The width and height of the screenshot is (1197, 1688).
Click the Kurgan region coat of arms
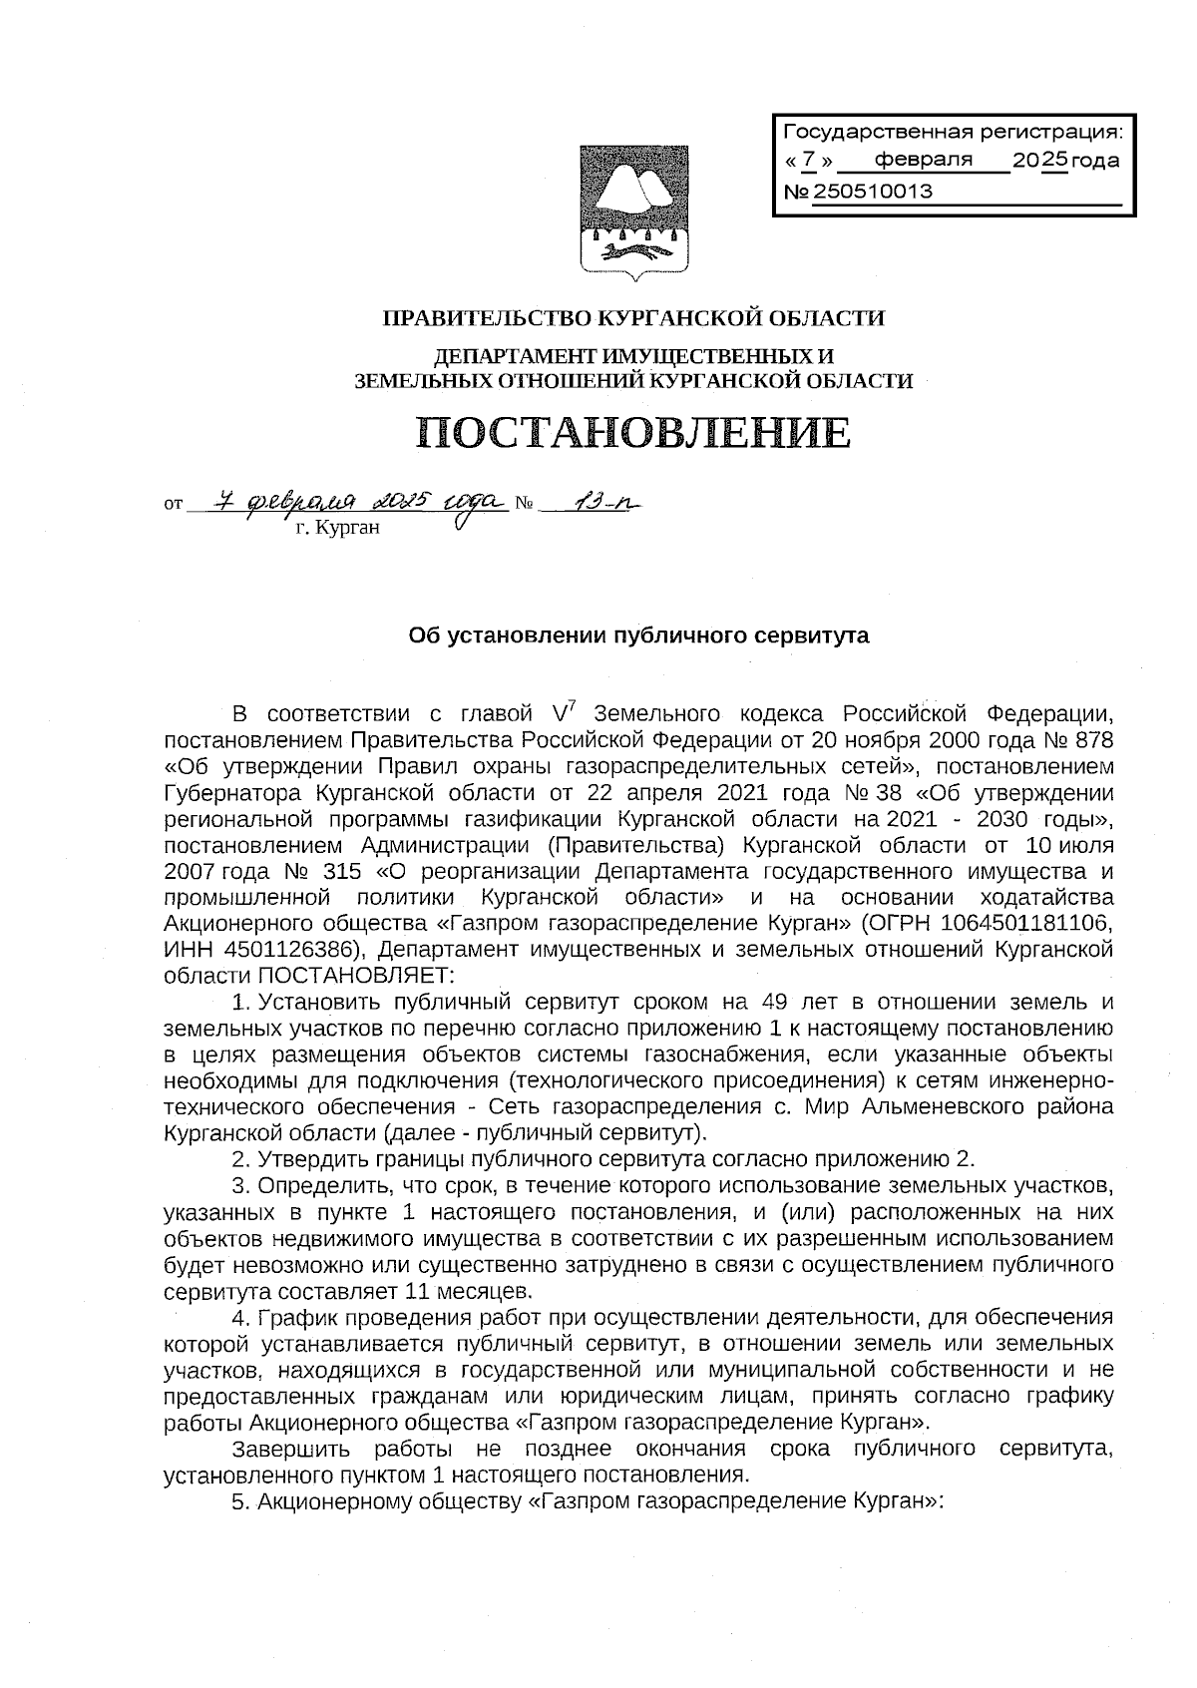pyautogui.click(x=634, y=210)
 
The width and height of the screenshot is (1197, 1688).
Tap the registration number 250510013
pyautogui.click(x=873, y=192)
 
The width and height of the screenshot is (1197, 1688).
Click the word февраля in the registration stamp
pyautogui.click(x=923, y=160)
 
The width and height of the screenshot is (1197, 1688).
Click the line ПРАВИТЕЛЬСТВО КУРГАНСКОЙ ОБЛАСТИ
pyautogui.click(x=634, y=318)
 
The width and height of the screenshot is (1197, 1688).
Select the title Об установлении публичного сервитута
pyautogui.click(x=639, y=635)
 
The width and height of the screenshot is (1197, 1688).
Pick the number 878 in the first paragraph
pyautogui.click(x=1092, y=740)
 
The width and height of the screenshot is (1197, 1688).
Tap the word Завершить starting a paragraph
pyautogui.click(x=286, y=1449)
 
